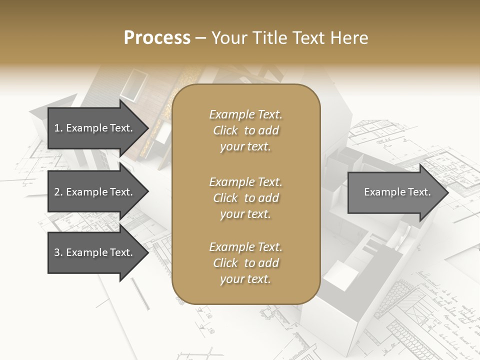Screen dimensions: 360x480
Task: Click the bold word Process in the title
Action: [157, 38]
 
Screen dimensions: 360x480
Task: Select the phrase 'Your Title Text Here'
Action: [290, 38]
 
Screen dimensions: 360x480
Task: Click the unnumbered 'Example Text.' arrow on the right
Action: [397, 192]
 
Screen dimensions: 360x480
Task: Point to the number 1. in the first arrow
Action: [58, 128]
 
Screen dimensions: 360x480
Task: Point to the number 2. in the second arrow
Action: [58, 192]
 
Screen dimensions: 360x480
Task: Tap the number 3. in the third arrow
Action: [58, 252]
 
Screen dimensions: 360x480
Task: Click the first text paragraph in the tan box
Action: [245, 130]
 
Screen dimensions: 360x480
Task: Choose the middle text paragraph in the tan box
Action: [245, 197]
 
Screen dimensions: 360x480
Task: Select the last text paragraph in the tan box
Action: [245, 263]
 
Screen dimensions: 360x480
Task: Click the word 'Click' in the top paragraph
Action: [225, 130]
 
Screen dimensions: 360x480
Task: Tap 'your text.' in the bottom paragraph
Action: [245, 279]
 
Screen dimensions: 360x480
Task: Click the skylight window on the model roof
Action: [131, 85]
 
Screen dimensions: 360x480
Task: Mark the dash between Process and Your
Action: [201, 38]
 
